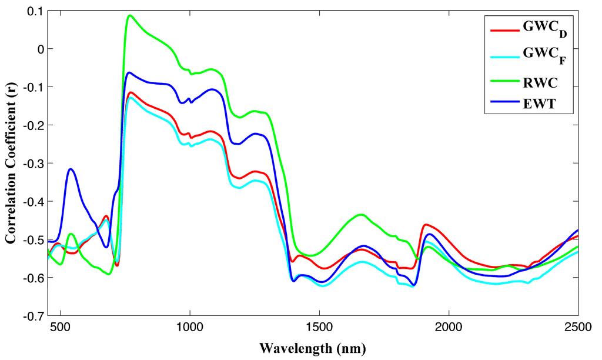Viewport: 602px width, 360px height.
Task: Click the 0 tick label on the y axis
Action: point(41,49)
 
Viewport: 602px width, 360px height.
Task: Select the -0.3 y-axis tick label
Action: point(35,163)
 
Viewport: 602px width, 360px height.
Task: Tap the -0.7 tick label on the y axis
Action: point(35,315)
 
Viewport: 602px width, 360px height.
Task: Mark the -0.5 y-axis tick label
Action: point(35,239)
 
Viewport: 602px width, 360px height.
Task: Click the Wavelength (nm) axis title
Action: point(313,348)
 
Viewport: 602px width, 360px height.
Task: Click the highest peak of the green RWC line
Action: point(130,15)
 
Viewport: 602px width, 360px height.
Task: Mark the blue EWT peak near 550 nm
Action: point(71,169)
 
